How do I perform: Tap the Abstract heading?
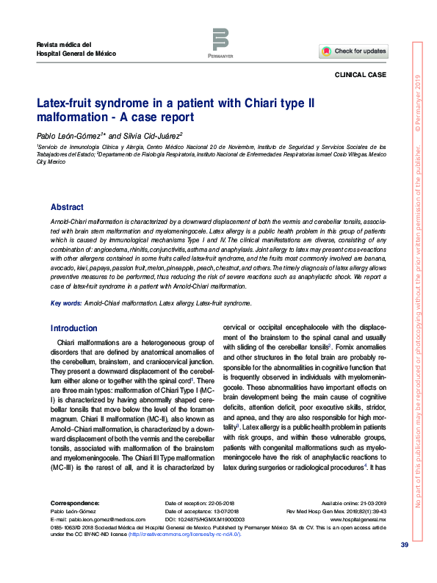coord(67,208)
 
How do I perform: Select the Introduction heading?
coord(73,328)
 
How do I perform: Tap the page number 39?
coord(403,544)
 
